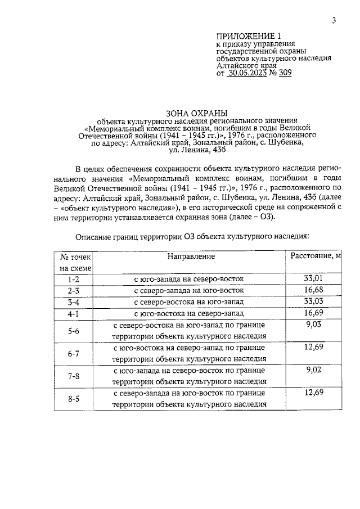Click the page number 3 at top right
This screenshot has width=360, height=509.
334,21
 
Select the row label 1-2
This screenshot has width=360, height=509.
73,279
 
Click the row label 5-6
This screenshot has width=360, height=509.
73,331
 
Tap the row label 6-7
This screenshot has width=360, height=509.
73,354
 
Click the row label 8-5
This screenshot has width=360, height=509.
73,399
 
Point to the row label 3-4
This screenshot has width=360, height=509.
73,302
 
